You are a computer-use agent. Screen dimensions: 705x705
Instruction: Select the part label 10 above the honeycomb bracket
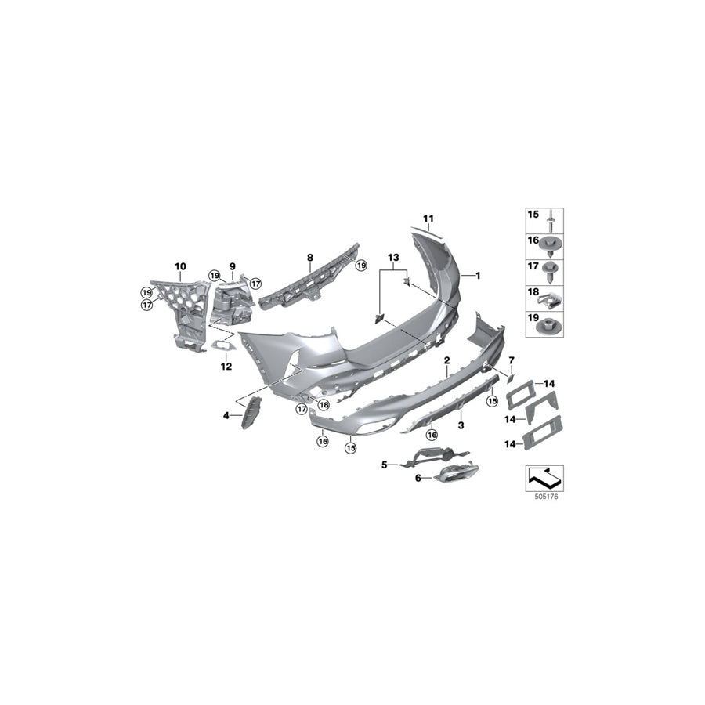[180, 267]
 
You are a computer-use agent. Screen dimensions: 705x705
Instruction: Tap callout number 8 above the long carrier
[309, 257]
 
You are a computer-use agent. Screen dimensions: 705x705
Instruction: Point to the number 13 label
[392, 257]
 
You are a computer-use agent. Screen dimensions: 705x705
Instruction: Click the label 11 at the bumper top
[428, 219]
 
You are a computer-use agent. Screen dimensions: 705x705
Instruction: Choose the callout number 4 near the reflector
[227, 416]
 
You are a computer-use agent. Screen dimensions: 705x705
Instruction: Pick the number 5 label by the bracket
[385, 465]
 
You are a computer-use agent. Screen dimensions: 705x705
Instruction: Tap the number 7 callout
[512, 360]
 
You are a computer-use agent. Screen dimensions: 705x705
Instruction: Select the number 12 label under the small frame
[226, 366]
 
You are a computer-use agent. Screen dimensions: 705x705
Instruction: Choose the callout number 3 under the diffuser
[461, 425]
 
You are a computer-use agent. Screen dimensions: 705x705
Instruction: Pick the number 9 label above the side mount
[232, 267]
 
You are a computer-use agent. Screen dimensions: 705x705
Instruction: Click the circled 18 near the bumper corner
[324, 405]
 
